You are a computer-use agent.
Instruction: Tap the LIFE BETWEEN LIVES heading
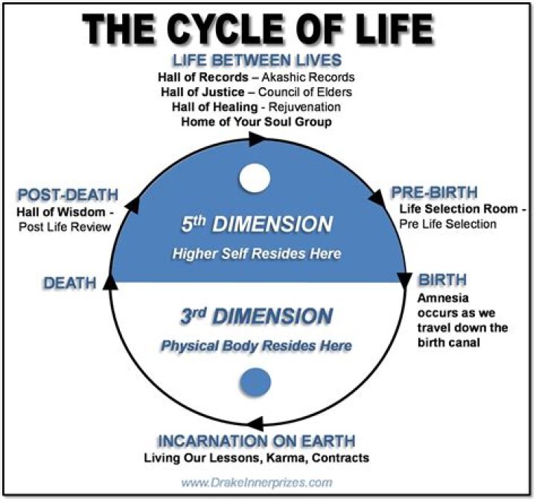pos(257,60)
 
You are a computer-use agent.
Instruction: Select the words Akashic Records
pos(308,77)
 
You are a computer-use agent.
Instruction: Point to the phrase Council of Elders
pos(305,92)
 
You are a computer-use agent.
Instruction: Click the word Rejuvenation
pos(304,107)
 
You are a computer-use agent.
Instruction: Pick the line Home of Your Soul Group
pos(256,122)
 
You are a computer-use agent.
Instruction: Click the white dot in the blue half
pos(255,178)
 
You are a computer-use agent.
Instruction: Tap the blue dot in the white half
pos(255,383)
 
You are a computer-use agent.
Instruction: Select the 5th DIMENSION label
pos(257,224)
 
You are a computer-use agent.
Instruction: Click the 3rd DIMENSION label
pos(256,316)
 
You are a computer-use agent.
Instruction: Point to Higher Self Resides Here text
pos(257,254)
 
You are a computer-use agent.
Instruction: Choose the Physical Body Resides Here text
pos(256,346)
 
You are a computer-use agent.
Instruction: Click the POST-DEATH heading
pos(68,195)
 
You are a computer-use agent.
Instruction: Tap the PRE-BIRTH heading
pos(434,192)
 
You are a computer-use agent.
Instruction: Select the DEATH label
pos(70,284)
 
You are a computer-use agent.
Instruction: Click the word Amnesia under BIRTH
pos(443,299)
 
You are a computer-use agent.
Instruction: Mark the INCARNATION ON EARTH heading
pos(256,441)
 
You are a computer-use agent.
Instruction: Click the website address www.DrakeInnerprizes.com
pos(257,482)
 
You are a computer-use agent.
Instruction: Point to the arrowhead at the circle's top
pos(257,139)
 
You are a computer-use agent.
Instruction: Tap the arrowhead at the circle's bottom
pos(255,424)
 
